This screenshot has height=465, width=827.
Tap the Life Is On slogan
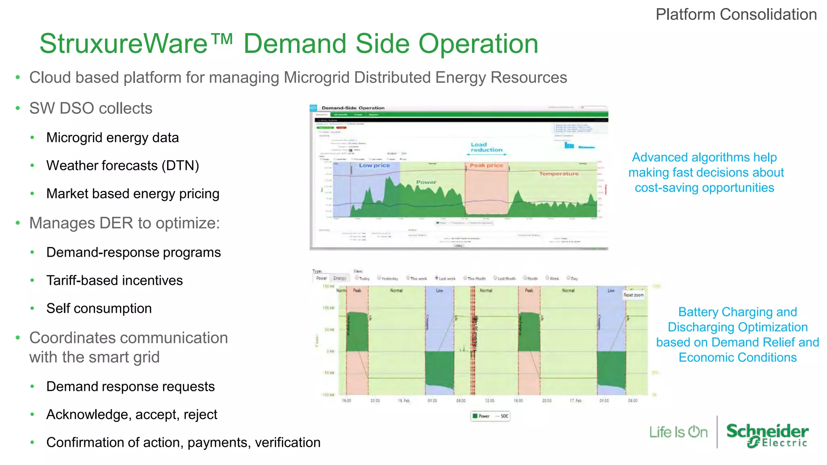point(678,432)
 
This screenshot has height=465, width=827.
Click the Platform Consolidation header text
point(736,15)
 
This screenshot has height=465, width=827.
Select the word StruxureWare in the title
point(123,44)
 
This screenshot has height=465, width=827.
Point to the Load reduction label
point(486,147)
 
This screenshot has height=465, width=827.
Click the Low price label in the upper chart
point(374,165)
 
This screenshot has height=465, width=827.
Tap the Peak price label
point(486,165)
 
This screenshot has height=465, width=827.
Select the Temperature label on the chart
point(558,174)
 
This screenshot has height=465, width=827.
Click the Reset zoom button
point(633,295)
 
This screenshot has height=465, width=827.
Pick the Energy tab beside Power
point(340,278)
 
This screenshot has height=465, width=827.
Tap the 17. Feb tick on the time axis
point(575,401)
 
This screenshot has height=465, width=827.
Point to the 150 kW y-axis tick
point(328,286)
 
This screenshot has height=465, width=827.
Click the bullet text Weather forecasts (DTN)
point(122,165)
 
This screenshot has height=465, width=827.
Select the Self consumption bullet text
point(99,308)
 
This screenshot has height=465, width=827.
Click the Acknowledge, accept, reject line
point(132,415)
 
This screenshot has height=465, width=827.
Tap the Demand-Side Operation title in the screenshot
point(353,108)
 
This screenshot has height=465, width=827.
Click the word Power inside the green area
point(426,182)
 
